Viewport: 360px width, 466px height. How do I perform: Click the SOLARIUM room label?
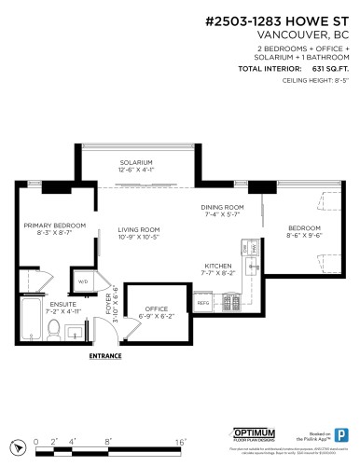coord(136,162)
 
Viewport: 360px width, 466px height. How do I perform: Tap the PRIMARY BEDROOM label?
coord(55,226)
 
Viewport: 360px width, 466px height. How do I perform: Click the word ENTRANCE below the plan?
coord(105,356)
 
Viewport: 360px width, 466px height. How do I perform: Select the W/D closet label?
coord(82,281)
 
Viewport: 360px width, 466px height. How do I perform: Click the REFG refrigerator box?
coord(203,302)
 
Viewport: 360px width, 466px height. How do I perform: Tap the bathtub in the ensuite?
coord(29,321)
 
